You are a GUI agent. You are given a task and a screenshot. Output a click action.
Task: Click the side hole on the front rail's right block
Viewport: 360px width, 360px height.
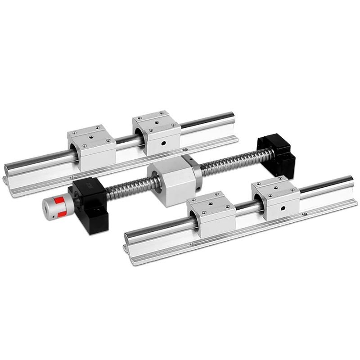[283, 208]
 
